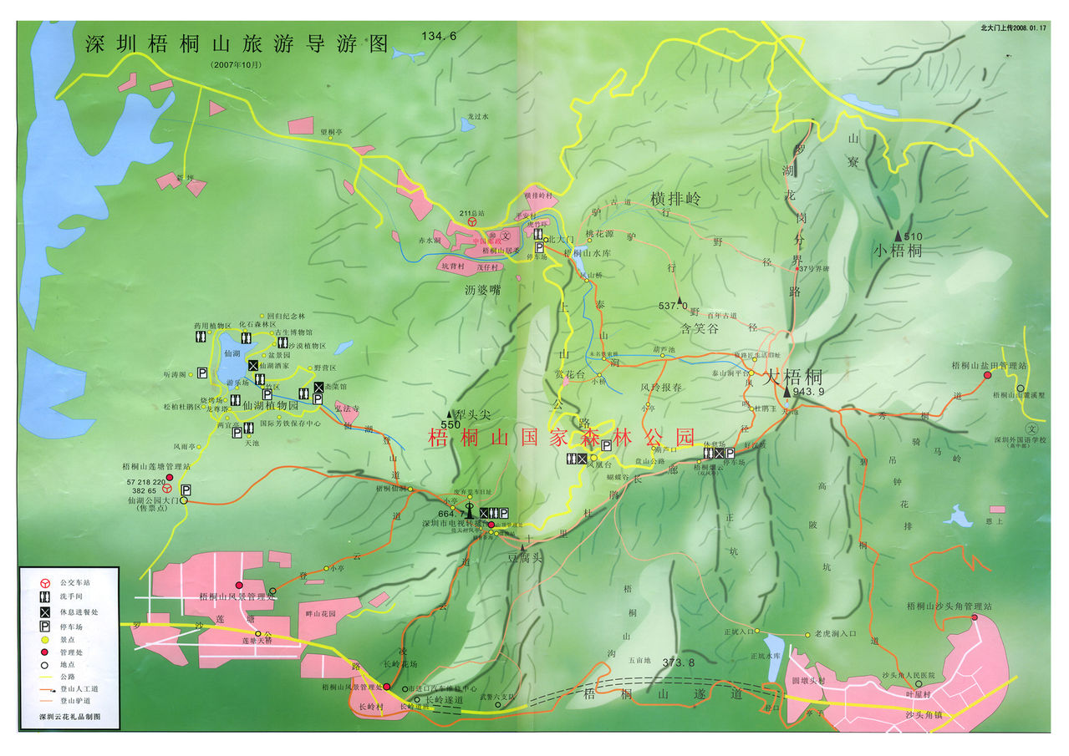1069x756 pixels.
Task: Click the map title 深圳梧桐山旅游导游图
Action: pos(237,43)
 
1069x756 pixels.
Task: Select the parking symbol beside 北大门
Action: pos(540,248)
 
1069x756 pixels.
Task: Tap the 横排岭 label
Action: pos(675,199)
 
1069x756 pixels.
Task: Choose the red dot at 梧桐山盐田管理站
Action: pos(987,375)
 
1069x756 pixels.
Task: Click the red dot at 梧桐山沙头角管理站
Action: pos(975,617)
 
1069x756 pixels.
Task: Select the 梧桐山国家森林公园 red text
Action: pos(561,436)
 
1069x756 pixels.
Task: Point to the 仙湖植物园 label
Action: pos(270,405)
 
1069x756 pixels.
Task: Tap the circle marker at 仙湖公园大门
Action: pos(166,488)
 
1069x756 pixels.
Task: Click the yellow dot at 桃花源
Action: pos(589,241)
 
